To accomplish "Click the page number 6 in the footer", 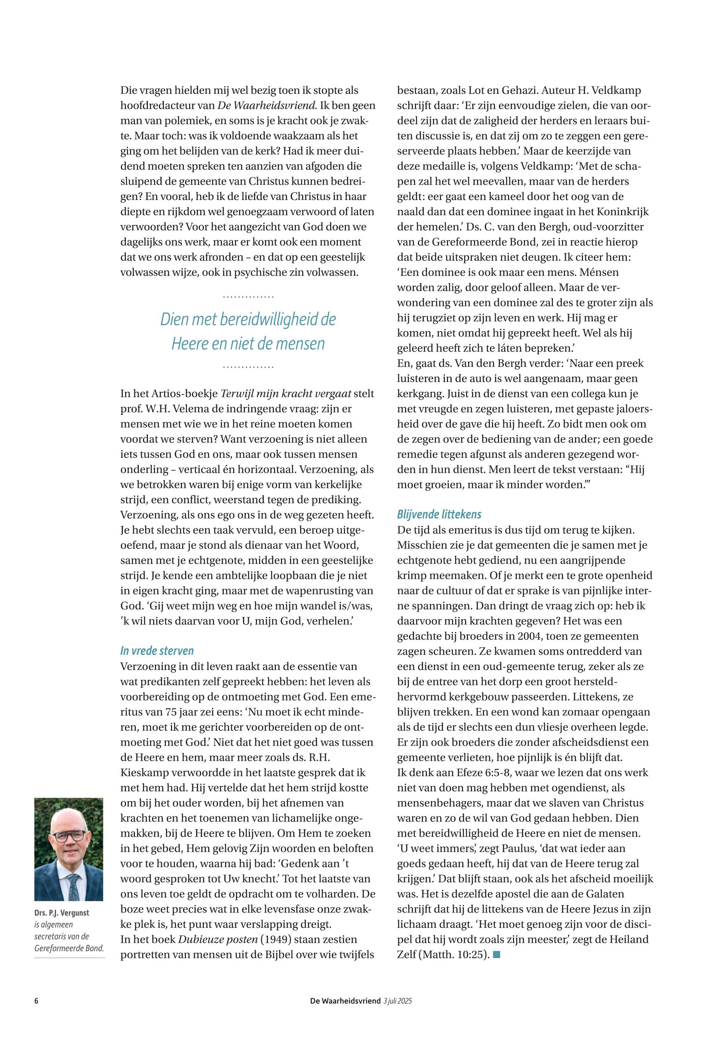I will tap(36, 1001).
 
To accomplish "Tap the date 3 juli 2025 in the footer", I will tap(397, 1001).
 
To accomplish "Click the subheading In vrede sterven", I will tap(157, 650).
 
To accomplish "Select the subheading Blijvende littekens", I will tap(439, 514).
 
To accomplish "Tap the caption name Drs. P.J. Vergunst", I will tap(61, 913).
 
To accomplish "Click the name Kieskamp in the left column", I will tap(143, 773).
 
